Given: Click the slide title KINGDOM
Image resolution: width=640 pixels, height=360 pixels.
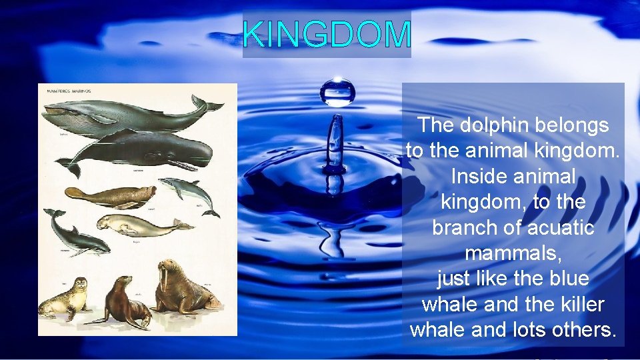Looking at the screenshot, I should click(327, 35).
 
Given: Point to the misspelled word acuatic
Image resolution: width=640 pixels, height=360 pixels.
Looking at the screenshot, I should click(560, 228).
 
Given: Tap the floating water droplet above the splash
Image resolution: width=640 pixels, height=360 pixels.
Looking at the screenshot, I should click(337, 92).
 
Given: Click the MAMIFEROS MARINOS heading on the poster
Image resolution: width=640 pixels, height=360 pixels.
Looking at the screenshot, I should click(69, 91).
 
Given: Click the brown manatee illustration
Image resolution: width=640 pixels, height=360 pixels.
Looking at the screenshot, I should click(110, 195).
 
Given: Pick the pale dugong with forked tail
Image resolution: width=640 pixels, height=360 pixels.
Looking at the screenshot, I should click(143, 225).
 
